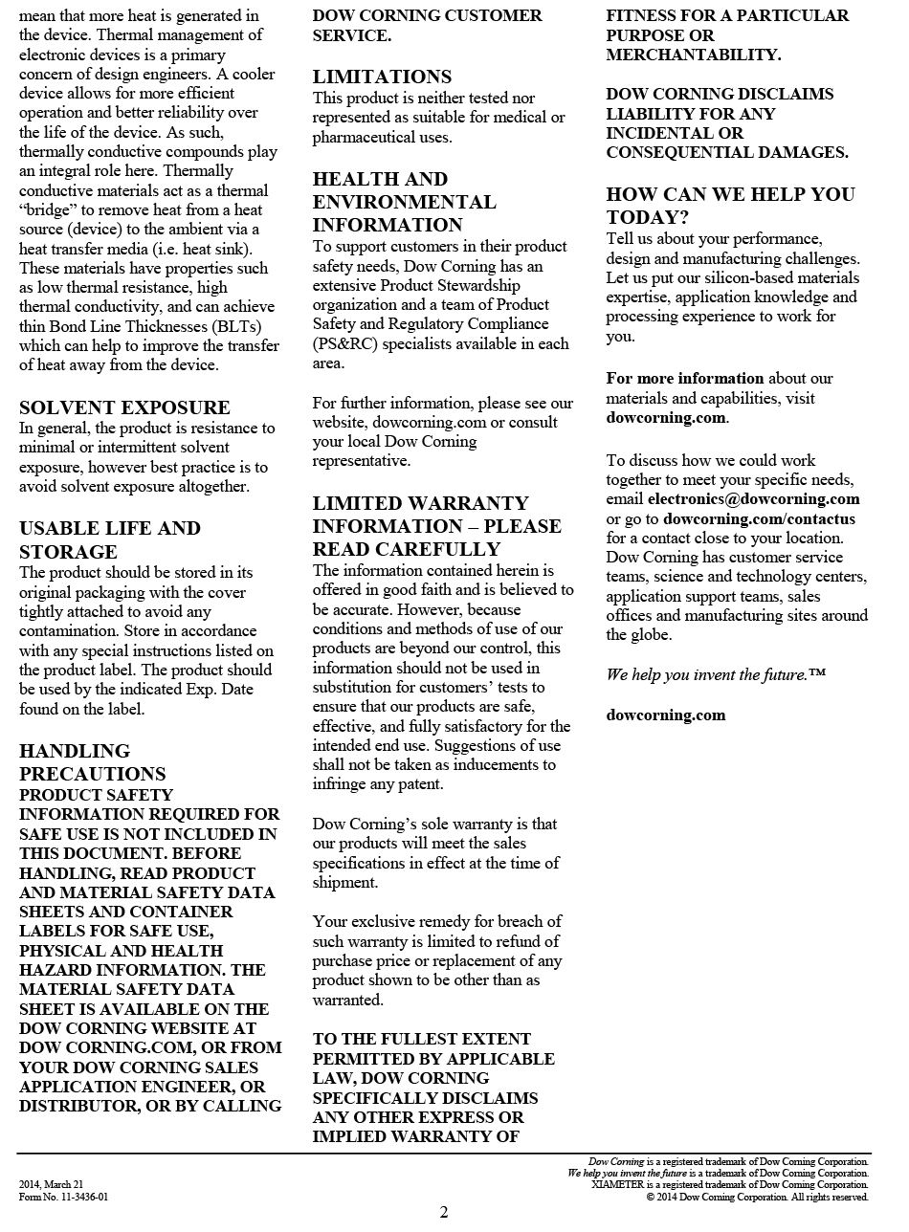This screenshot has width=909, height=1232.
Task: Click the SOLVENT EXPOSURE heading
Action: [124, 407]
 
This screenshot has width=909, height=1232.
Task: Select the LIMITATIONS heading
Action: [382, 77]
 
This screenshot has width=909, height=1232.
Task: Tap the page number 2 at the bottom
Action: [444, 1213]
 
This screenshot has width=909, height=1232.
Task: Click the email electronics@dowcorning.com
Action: [753, 499]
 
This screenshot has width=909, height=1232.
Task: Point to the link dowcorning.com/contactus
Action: [759, 518]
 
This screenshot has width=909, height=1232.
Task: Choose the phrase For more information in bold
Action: [685, 379]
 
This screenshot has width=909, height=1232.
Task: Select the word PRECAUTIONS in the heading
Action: [93, 774]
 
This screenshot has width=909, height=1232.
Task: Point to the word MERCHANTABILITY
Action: [694, 55]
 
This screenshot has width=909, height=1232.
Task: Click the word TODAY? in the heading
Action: [648, 217]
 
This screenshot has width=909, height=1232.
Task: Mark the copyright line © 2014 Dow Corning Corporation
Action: [757, 1197]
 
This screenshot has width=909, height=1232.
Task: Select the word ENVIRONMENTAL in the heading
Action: [404, 202]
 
